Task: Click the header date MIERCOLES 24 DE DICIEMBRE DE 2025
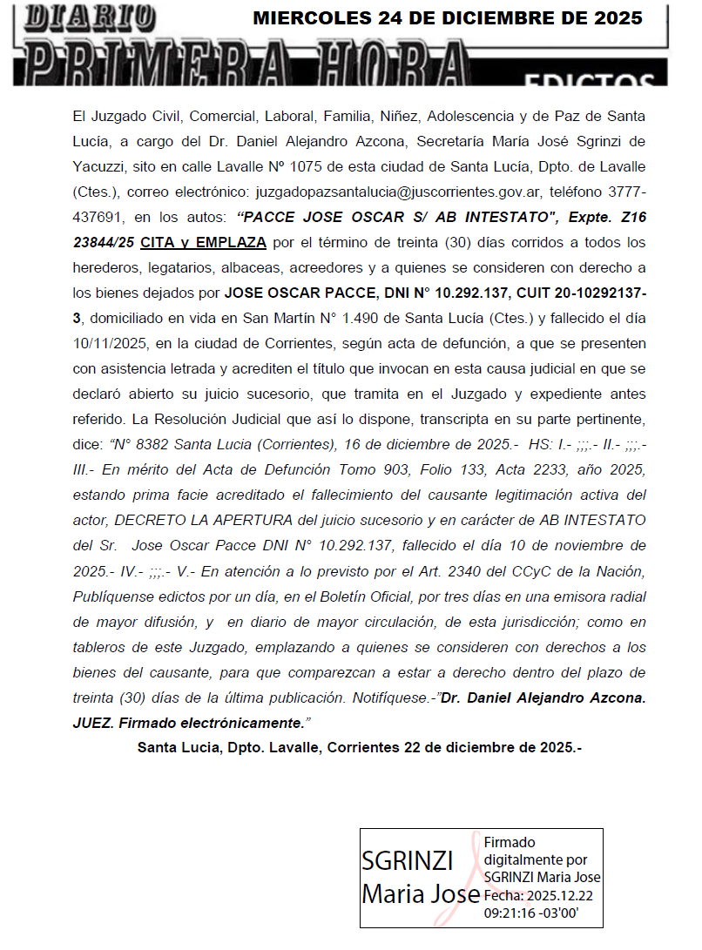click(447, 18)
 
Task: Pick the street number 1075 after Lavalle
click(327, 165)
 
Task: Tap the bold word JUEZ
click(95, 722)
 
